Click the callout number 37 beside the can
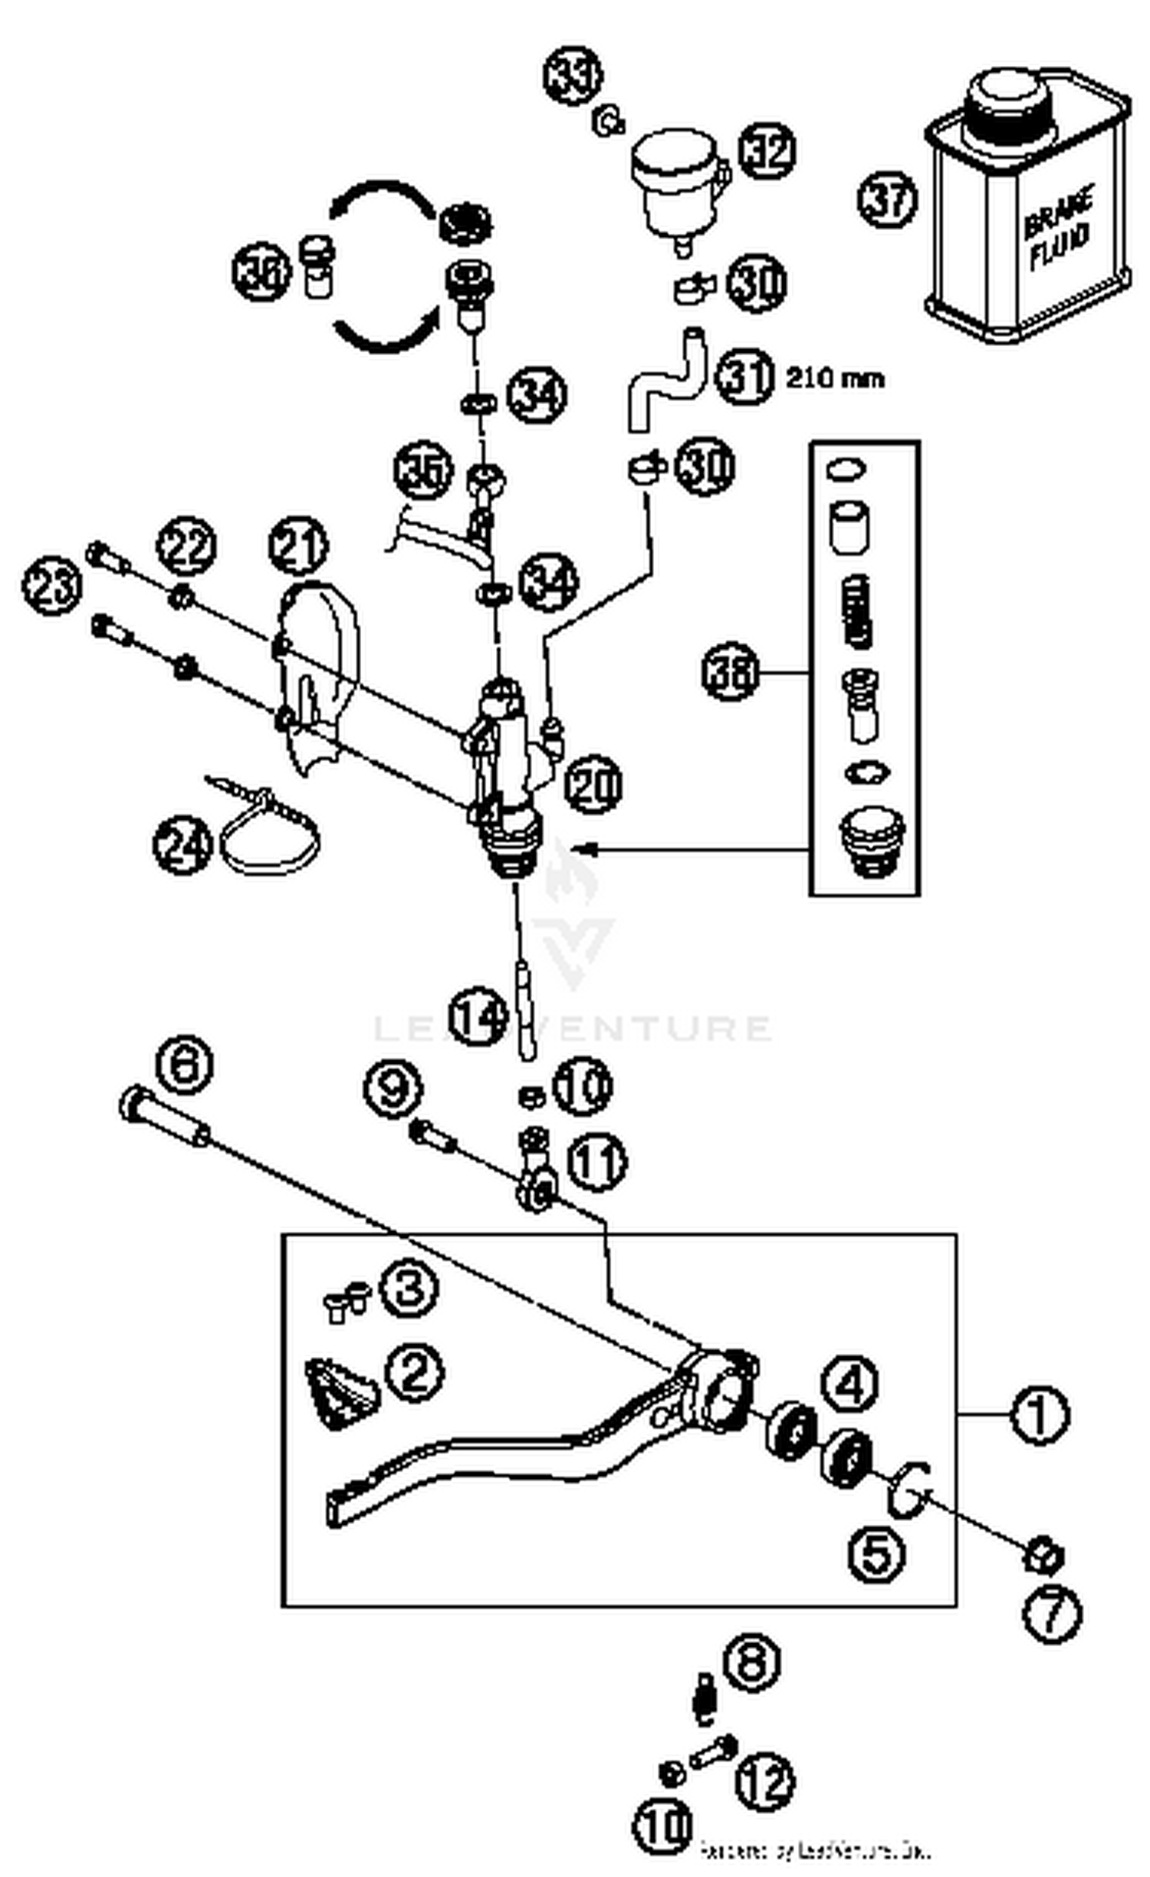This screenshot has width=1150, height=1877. (x=886, y=200)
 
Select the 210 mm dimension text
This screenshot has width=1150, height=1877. (x=835, y=378)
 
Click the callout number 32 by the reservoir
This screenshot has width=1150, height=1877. (x=767, y=150)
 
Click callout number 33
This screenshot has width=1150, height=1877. (x=573, y=75)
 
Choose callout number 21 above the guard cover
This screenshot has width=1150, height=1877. (x=298, y=545)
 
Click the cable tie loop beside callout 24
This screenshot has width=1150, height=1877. (x=270, y=843)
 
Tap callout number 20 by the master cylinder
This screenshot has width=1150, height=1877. (x=593, y=784)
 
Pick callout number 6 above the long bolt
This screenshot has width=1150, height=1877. (x=184, y=1064)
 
